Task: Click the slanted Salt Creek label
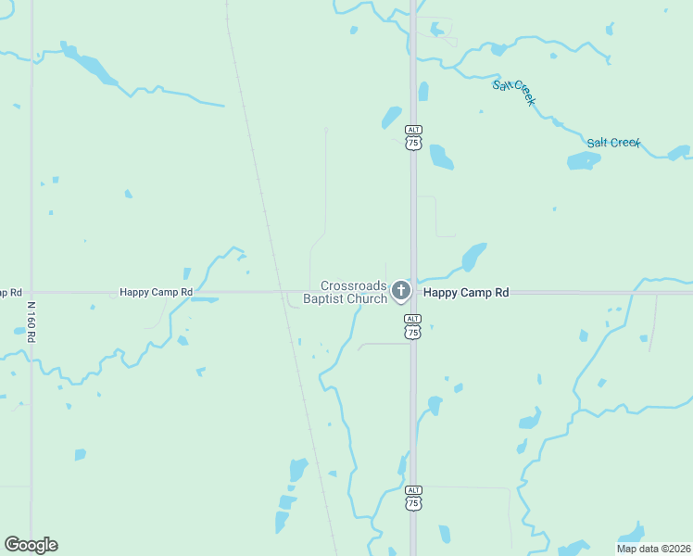tap(514, 93)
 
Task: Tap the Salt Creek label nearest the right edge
tap(613, 143)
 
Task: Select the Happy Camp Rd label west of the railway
tap(156, 292)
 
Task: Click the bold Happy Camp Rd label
tap(466, 292)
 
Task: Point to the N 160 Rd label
tap(31, 322)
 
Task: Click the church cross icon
tap(400, 292)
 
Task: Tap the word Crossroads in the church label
tap(351, 285)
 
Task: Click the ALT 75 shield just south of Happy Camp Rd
tap(413, 326)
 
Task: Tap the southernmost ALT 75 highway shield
tap(413, 497)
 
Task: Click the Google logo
tap(31, 545)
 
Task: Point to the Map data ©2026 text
tap(653, 549)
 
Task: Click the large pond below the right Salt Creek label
tap(584, 160)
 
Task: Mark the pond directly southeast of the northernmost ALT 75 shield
tap(441, 158)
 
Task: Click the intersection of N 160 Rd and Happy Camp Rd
tap(31, 292)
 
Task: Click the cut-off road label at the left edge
tap(9, 292)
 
